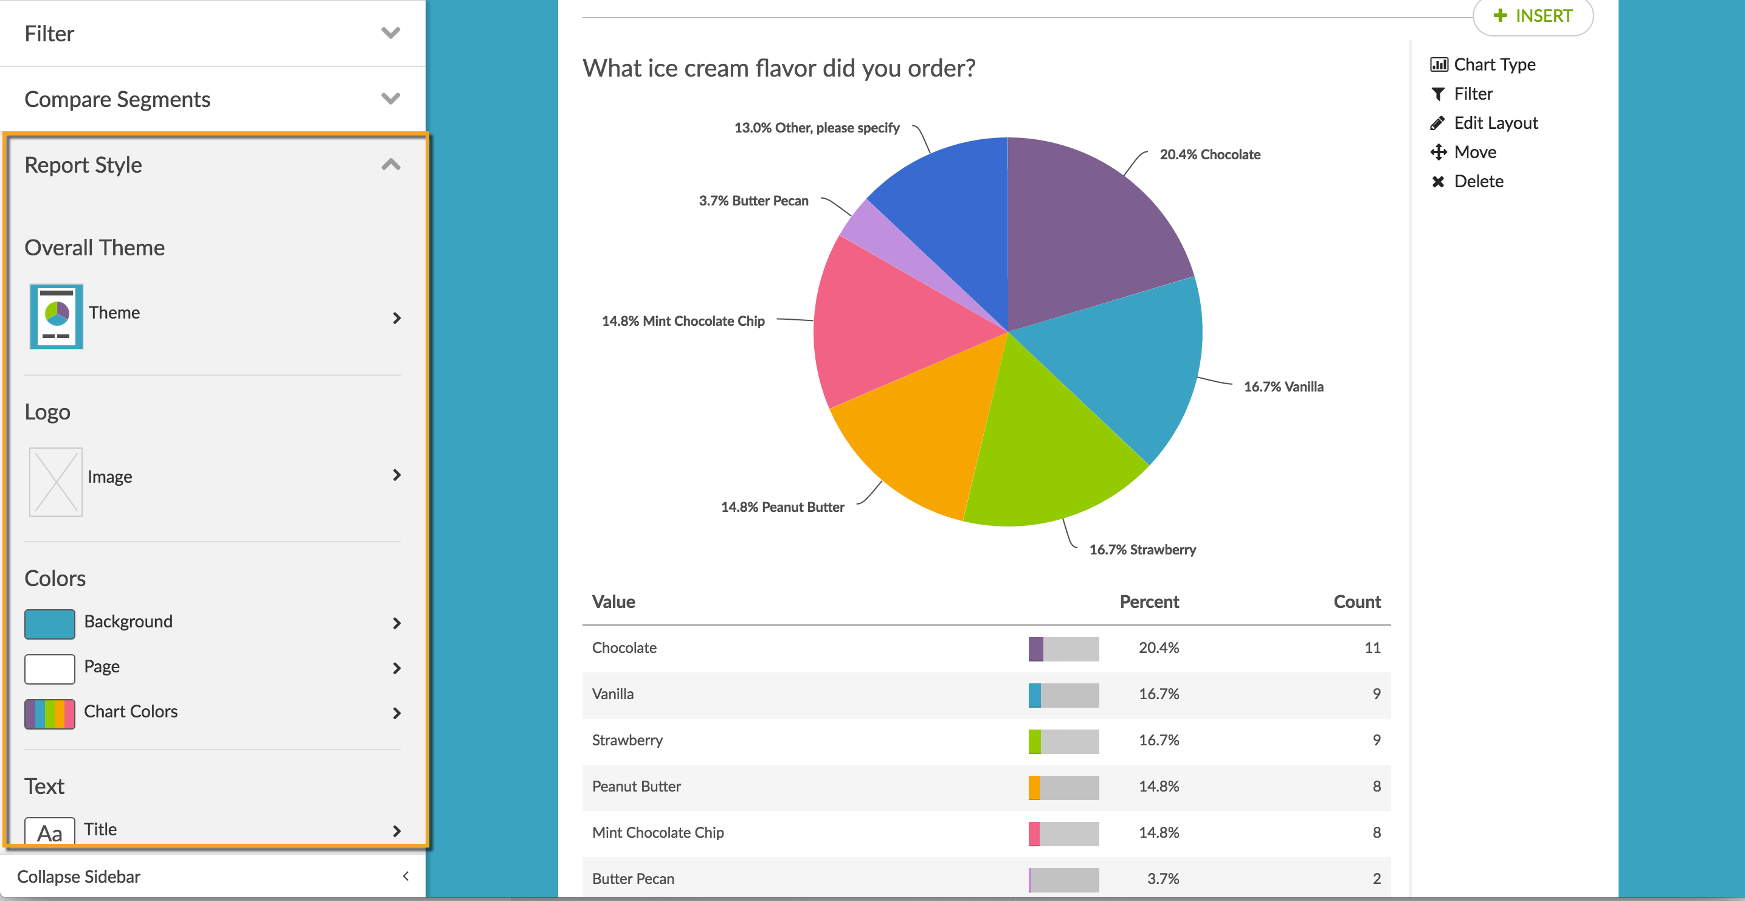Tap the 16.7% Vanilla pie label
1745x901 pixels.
(x=1283, y=387)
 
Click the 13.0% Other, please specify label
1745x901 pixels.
(x=817, y=128)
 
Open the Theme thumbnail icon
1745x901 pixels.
(x=56, y=316)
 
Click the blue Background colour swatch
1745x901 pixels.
(x=49, y=623)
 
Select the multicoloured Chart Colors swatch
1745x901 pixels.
(x=49, y=713)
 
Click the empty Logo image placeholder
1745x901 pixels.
(x=55, y=482)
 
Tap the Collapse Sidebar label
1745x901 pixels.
(x=78, y=877)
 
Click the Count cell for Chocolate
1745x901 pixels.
(x=1372, y=647)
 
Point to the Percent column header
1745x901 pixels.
(x=1149, y=601)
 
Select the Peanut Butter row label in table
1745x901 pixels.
(x=636, y=787)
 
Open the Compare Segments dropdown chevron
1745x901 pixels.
(x=391, y=99)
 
